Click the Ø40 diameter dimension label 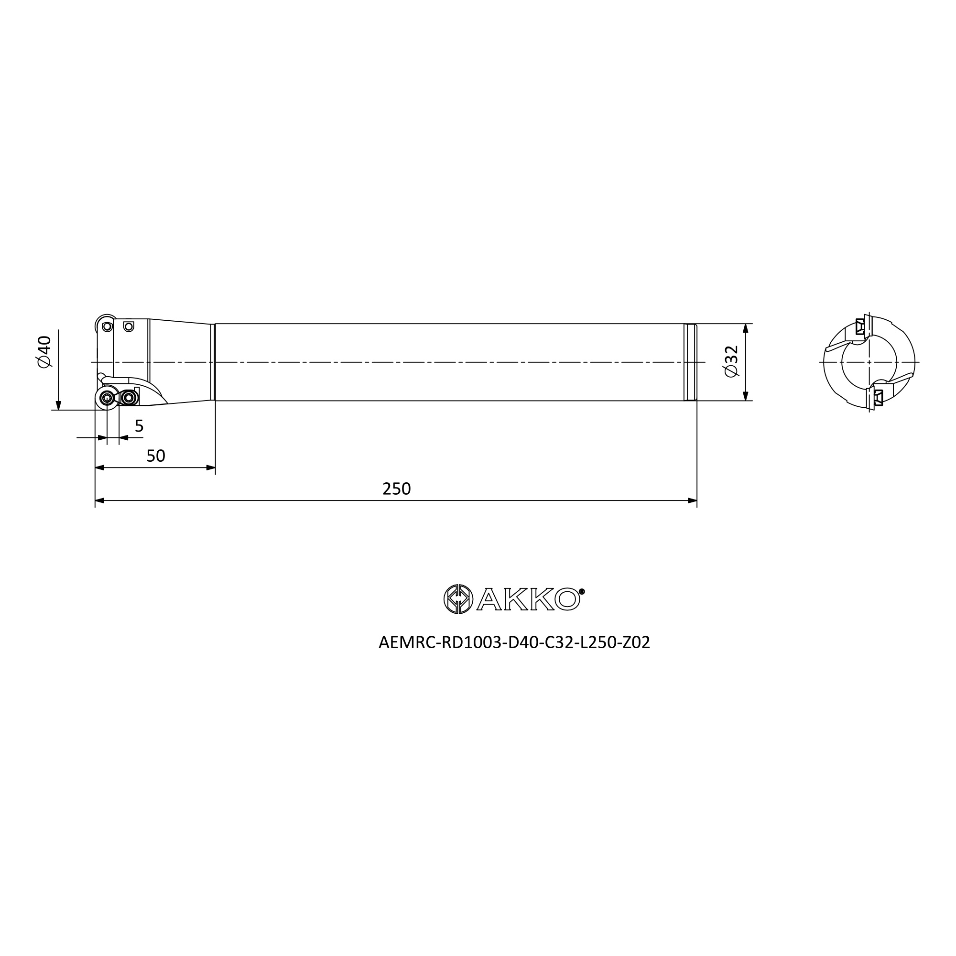click(44, 352)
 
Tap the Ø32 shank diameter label click(731, 361)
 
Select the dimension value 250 click(396, 489)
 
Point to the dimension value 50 click(156, 456)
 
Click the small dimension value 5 click(139, 426)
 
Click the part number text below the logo click(514, 643)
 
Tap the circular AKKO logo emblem click(458, 599)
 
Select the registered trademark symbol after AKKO click(582, 591)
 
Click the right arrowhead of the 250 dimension click(692, 501)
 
